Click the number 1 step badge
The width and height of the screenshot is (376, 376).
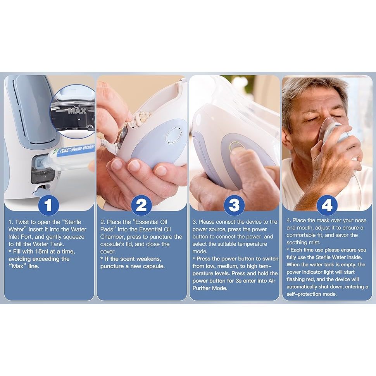pos(49,205)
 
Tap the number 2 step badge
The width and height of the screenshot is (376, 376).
pos(141,205)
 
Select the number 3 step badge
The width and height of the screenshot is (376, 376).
pos(234,205)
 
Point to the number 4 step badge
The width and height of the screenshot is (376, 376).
pos(327,205)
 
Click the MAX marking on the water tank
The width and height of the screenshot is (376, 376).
pos(77,111)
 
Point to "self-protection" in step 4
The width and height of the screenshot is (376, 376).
pos(304,294)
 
